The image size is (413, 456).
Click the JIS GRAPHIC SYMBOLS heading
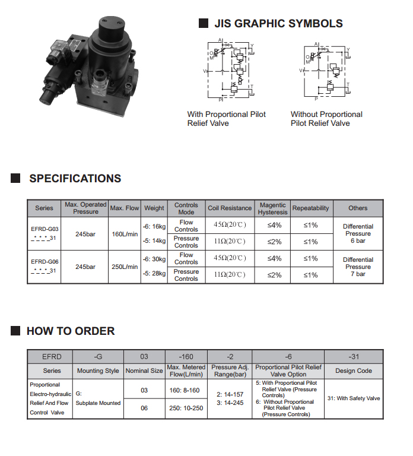coord(278,24)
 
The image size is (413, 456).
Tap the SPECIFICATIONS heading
coord(75,179)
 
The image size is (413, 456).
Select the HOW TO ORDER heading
coord(71,331)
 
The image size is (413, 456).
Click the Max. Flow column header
coord(125,208)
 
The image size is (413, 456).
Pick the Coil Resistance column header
coord(230,208)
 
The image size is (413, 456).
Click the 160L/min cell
coord(125,234)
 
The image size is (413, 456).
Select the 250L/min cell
coord(125,267)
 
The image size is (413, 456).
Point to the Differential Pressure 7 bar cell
coord(358,267)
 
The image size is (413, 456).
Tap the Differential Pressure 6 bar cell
coord(358,234)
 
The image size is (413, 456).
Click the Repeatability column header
coord(310,208)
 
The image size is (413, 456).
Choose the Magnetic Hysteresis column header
coord(272,208)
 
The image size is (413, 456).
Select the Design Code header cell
coord(354,371)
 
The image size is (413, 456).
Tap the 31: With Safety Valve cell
coord(354,398)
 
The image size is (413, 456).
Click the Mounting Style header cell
coord(99,371)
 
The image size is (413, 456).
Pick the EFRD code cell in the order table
coord(52,357)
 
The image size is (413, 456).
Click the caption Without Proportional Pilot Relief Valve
coord(326,119)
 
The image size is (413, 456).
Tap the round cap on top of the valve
coord(111,26)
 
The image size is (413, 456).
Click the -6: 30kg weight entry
coord(154,259)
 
